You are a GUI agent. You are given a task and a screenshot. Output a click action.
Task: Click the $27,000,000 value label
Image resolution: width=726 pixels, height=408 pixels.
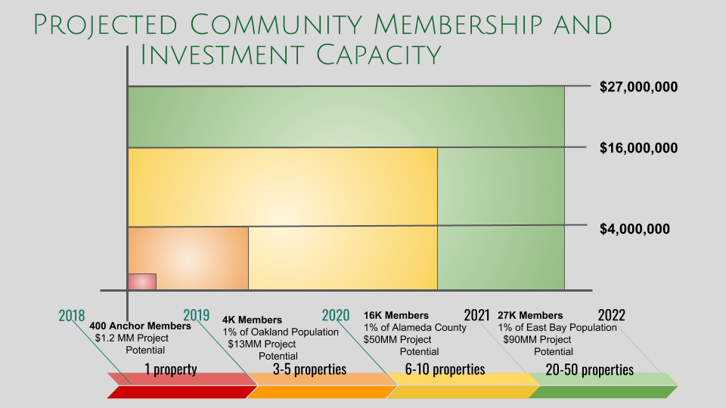pyautogui.click(x=638, y=87)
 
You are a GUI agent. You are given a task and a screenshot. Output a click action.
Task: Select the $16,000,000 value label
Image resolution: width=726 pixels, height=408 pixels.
pyautogui.click(x=638, y=148)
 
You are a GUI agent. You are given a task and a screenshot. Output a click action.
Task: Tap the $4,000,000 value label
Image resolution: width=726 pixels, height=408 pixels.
pyautogui.click(x=634, y=229)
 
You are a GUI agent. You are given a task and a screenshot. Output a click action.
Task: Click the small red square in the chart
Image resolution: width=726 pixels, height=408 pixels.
pyautogui.click(x=141, y=282)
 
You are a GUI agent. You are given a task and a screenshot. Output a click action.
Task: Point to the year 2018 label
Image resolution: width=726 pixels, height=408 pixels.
pyautogui.click(x=72, y=315)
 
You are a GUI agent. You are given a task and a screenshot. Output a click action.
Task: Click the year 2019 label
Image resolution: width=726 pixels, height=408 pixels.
pyautogui.click(x=197, y=315)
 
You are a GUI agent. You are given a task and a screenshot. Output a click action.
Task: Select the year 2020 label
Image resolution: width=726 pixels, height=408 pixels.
pyautogui.click(x=336, y=315)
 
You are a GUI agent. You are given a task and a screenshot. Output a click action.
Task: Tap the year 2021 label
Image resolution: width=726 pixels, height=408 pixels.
pyautogui.click(x=477, y=315)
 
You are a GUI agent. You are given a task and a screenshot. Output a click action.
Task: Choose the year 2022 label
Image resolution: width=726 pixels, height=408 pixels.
pyautogui.click(x=611, y=315)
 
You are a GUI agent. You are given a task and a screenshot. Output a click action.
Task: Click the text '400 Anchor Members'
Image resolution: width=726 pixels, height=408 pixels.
pyautogui.click(x=141, y=326)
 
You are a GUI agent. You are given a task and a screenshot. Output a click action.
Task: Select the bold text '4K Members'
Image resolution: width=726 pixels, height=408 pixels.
pyautogui.click(x=252, y=320)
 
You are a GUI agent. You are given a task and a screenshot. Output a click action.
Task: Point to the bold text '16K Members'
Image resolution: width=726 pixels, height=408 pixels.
pyautogui.click(x=396, y=315)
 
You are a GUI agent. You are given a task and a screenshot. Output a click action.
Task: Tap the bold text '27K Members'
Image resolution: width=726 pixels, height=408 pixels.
pyautogui.click(x=530, y=315)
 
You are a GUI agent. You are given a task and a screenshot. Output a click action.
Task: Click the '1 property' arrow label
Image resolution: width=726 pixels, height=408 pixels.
pyautogui.click(x=171, y=369)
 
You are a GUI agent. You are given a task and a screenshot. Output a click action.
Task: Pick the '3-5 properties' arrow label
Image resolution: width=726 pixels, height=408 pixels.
pyautogui.click(x=309, y=369)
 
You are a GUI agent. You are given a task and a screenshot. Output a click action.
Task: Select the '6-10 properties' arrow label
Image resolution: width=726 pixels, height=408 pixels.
pyautogui.click(x=445, y=369)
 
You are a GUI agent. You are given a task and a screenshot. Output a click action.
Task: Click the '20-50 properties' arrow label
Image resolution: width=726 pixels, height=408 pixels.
pyautogui.click(x=589, y=369)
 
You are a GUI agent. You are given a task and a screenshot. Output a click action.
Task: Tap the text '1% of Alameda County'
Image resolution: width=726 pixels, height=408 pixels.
pyautogui.click(x=415, y=328)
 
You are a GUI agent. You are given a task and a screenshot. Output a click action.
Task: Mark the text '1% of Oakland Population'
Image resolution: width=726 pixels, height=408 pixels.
pyautogui.click(x=281, y=332)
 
